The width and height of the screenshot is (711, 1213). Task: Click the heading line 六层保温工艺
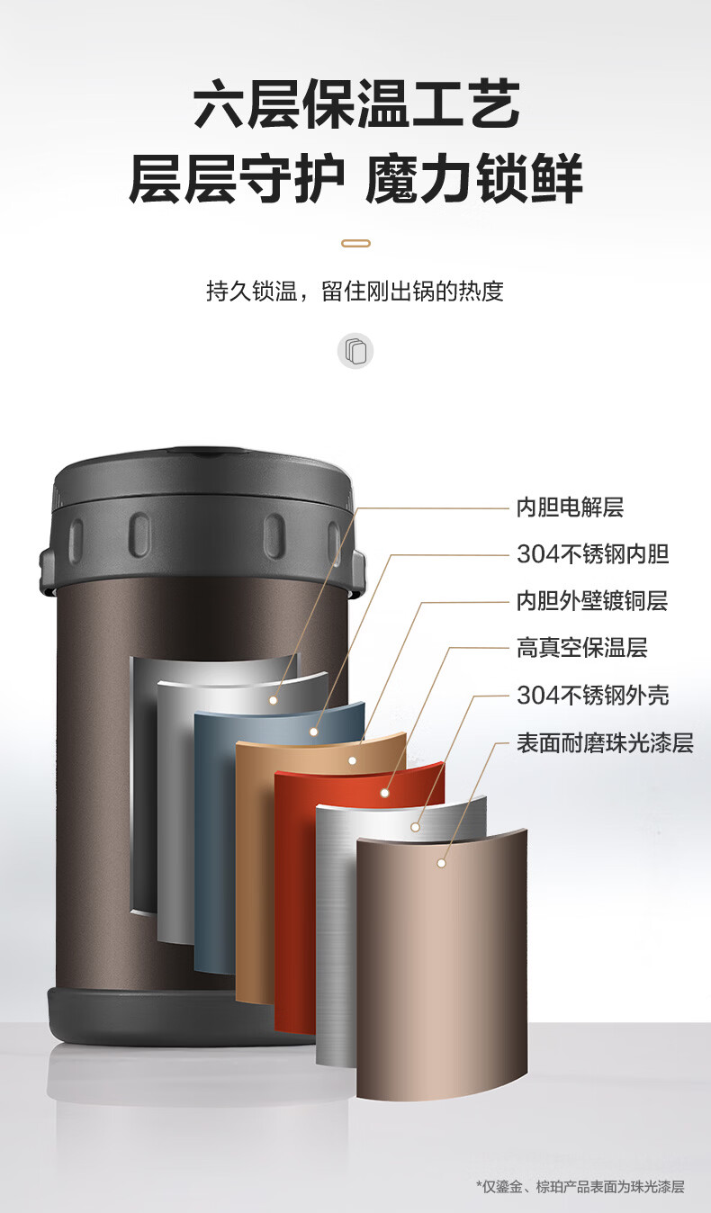pyautogui.click(x=355, y=104)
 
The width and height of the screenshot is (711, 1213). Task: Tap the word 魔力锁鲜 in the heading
pyautogui.click(x=473, y=178)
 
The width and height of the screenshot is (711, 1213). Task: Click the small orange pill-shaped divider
pyautogui.click(x=355, y=243)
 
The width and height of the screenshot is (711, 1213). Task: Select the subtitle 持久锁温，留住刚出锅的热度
pyautogui.click(x=355, y=292)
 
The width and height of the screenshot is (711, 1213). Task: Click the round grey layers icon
pyautogui.click(x=355, y=350)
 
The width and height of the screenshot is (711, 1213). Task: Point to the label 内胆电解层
pyautogui.click(x=569, y=508)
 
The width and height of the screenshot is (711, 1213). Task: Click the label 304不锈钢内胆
pyautogui.click(x=592, y=554)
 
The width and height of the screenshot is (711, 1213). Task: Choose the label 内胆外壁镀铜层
pyautogui.click(x=591, y=601)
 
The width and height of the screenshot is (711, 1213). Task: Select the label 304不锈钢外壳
pyautogui.click(x=592, y=696)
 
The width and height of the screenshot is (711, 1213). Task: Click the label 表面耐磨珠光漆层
pyautogui.click(x=604, y=743)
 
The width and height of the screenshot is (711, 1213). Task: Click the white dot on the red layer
pyautogui.click(x=385, y=794)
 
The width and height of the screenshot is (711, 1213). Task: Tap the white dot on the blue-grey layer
pyautogui.click(x=314, y=732)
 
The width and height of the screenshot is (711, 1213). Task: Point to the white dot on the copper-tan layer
pyautogui.click(x=353, y=760)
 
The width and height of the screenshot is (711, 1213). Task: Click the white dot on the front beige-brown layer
pyautogui.click(x=441, y=863)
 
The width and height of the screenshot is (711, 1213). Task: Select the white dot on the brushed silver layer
pyautogui.click(x=415, y=826)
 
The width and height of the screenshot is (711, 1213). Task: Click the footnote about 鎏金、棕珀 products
pyautogui.click(x=580, y=1187)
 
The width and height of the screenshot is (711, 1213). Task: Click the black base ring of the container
pyautogui.click(x=135, y=1012)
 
